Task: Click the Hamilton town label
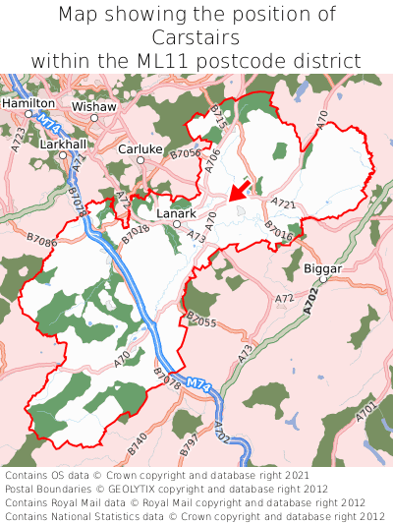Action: click(28, 102)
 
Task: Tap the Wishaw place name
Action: click(93, 105)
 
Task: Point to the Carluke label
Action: click(140, 148)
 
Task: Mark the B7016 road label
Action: click(279, 230)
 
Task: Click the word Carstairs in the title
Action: click(196, 37)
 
